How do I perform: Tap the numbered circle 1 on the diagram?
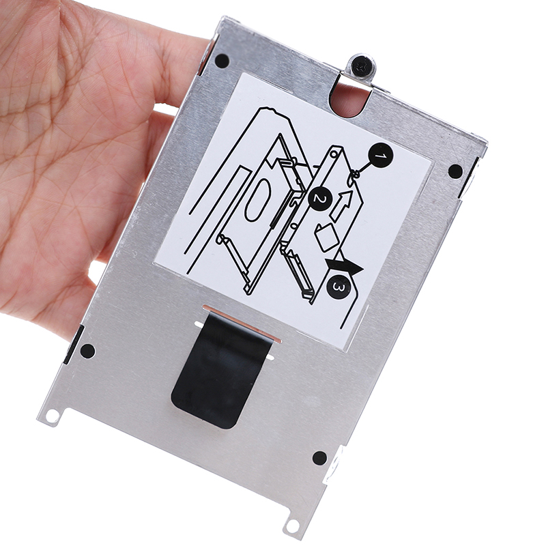(381, 157)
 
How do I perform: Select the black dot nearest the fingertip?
(222, 61)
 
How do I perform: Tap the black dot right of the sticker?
(455, 171)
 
